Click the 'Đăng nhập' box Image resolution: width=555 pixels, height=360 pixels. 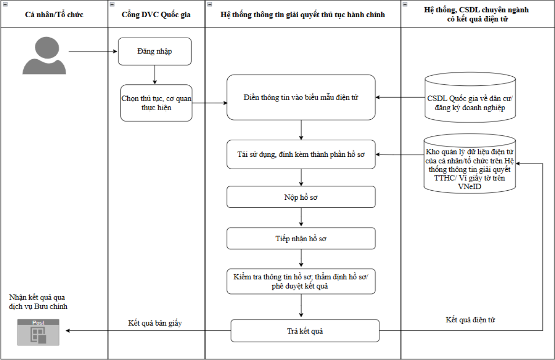[x=155, y=51]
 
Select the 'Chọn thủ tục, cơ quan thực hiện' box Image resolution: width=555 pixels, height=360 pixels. [x=156, y=103]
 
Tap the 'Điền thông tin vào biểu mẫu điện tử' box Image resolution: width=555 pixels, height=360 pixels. [x=301, y=97]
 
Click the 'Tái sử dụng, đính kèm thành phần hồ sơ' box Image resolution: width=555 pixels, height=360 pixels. [x=301, y=154]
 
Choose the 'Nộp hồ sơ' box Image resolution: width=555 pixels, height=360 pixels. [x=301, y=197]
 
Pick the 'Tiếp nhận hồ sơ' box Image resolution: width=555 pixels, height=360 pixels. [x=301, y=238]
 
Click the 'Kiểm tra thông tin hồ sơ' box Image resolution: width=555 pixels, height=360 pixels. [x=301, y=281]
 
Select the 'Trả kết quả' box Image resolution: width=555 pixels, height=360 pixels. [x=305, y=330]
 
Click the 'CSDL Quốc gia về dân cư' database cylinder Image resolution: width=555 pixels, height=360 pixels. [x=470, y=97]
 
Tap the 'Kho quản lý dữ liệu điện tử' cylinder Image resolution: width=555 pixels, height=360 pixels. [x=470, y=164]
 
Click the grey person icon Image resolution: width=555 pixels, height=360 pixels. [x=44, y=56]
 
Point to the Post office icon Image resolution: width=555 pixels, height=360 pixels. [x=38, y=332]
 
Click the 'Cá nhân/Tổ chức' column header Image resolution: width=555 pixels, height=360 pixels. [x=54, y=14]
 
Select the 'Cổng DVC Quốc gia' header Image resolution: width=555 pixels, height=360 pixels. [x=156, y=14]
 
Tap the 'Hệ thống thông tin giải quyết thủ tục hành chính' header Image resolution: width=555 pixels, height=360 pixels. [x=303, y=14]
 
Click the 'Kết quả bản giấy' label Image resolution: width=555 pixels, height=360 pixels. [x=155, y=323]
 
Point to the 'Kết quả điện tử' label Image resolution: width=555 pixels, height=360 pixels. [x=470, y=319]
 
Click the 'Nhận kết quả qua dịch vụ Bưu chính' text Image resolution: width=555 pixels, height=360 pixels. [x=38, y=302]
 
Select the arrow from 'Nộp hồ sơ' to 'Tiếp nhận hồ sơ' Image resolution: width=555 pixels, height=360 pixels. [x=301, y=217]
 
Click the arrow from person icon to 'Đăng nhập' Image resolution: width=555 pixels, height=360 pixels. [x=93, y=51]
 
